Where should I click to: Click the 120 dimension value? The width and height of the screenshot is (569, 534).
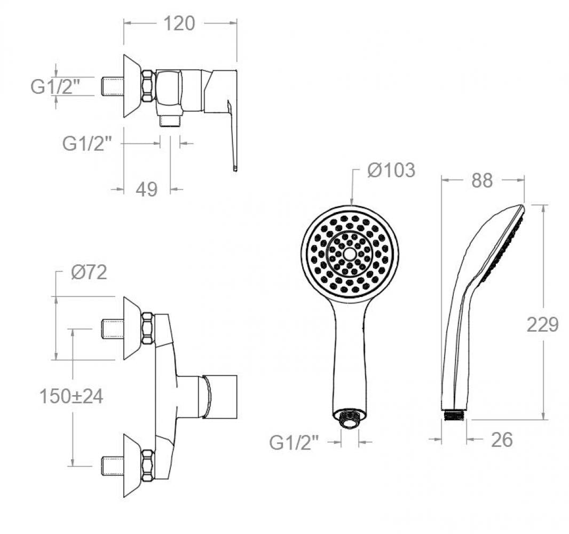[179, 23]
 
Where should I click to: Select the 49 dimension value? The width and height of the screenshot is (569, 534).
[147, 190]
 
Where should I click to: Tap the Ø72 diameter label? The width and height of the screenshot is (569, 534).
[89, 272]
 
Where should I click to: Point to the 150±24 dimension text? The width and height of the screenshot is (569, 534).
[71, 396]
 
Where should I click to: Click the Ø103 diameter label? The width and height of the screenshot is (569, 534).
[391, 170]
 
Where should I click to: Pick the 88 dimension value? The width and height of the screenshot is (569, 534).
[482, 180]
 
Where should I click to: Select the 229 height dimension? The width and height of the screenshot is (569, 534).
[542, 325]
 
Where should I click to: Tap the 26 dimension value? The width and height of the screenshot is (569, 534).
[502, 440]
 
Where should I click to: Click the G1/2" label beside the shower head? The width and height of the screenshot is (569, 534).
[294, 443]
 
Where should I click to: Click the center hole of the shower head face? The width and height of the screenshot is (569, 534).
[350, 254]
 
